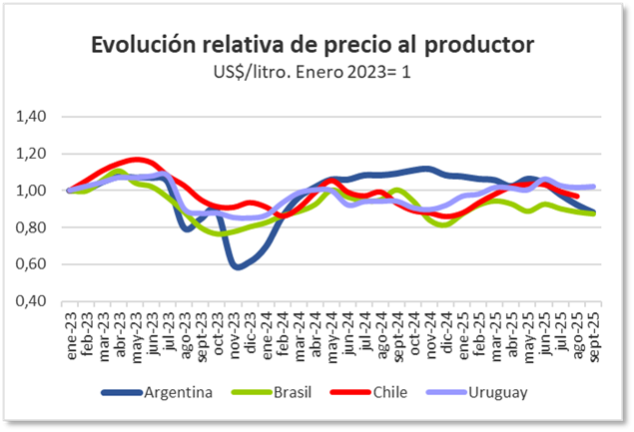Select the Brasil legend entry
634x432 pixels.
[x=275, y=391]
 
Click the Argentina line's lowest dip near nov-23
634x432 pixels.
[x=237, y=267]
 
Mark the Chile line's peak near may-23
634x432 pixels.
[x=137, y=160]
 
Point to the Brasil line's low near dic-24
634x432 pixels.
[x=444, y=224]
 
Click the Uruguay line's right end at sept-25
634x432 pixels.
[x=594, y=187]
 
